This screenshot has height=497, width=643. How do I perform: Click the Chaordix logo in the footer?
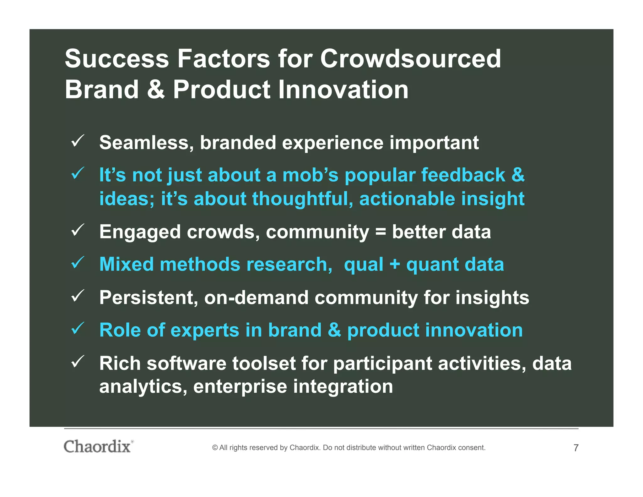(x=98, y=446)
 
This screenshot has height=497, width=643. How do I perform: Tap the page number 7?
(x=576, y=448)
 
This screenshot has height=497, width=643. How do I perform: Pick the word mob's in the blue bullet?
(x=310, y=175)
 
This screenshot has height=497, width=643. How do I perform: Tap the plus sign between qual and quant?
(x=394, y=265)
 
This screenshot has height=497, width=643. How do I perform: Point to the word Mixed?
(x=126, y=264)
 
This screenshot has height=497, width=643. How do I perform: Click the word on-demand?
(x=256, y=298)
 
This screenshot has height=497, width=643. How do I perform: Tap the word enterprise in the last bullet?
(x=240, y=387)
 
